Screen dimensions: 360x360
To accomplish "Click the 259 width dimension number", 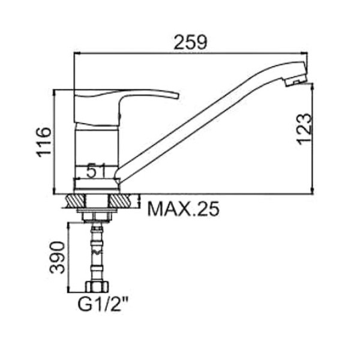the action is tap(190, 42).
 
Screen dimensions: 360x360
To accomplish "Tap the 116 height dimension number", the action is tap(44, 142).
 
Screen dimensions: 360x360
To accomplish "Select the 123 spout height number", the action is tap(305, 129).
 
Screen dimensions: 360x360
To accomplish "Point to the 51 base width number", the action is tap(96, 170).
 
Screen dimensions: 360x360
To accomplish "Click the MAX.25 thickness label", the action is tap(184, 209).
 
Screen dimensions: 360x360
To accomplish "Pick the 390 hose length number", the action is tap(58, 257).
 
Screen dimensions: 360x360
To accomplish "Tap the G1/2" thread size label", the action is tap(103, 304).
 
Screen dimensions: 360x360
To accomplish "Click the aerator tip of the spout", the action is tap(296, 81).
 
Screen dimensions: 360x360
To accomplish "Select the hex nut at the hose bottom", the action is tap(97, 287).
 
